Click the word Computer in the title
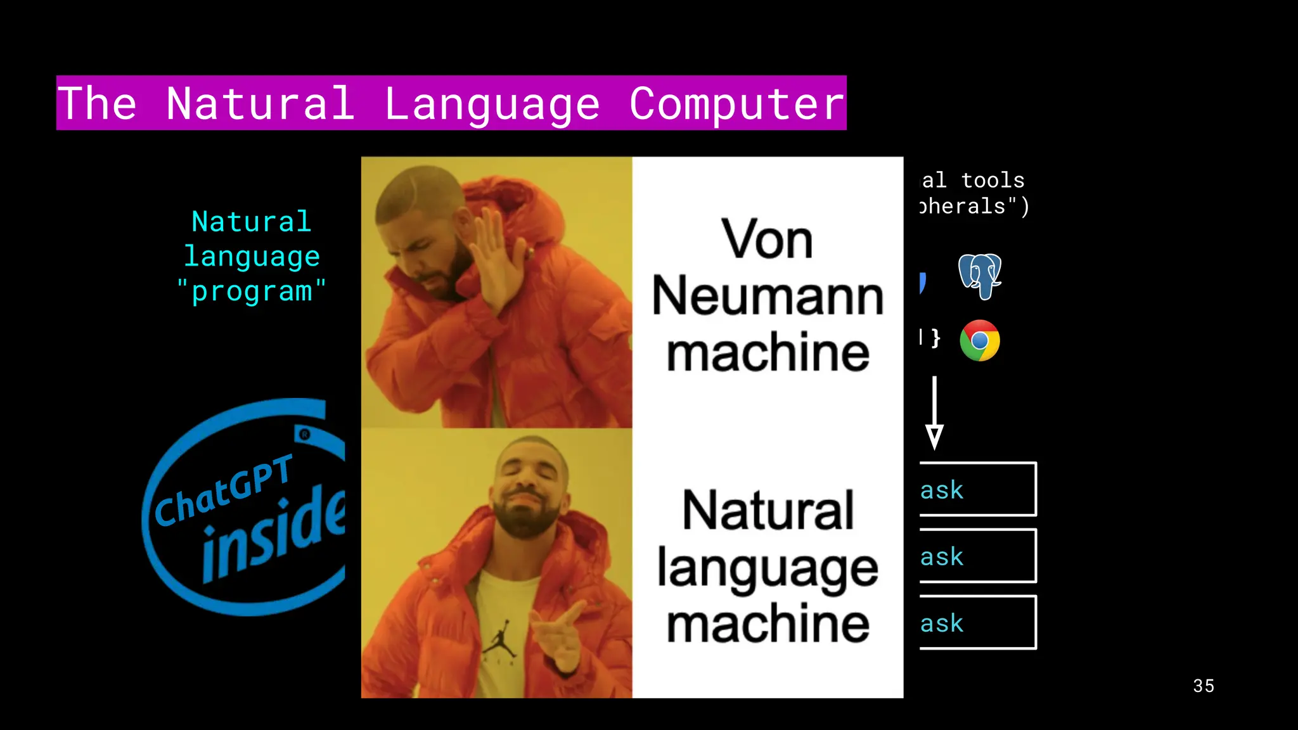(x=736, y=103)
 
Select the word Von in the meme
(x=767, y=240)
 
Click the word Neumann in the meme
(x=768, y=296)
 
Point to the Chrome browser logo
(x=979, y=340)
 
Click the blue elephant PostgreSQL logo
(x=979, y=276)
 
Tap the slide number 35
(x=1203, y=686)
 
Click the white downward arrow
(x=934, y=413)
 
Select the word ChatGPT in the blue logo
(x=223, y=492)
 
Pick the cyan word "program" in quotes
(x=252, y=291)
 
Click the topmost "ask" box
(x=977, y=489)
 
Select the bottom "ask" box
(x=977, y=622)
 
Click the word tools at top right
(x=993, y=181)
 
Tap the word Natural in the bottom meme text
(x=768, y=511)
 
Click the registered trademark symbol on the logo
(x=305, y=434)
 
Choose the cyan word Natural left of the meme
(x=252, y=222)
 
